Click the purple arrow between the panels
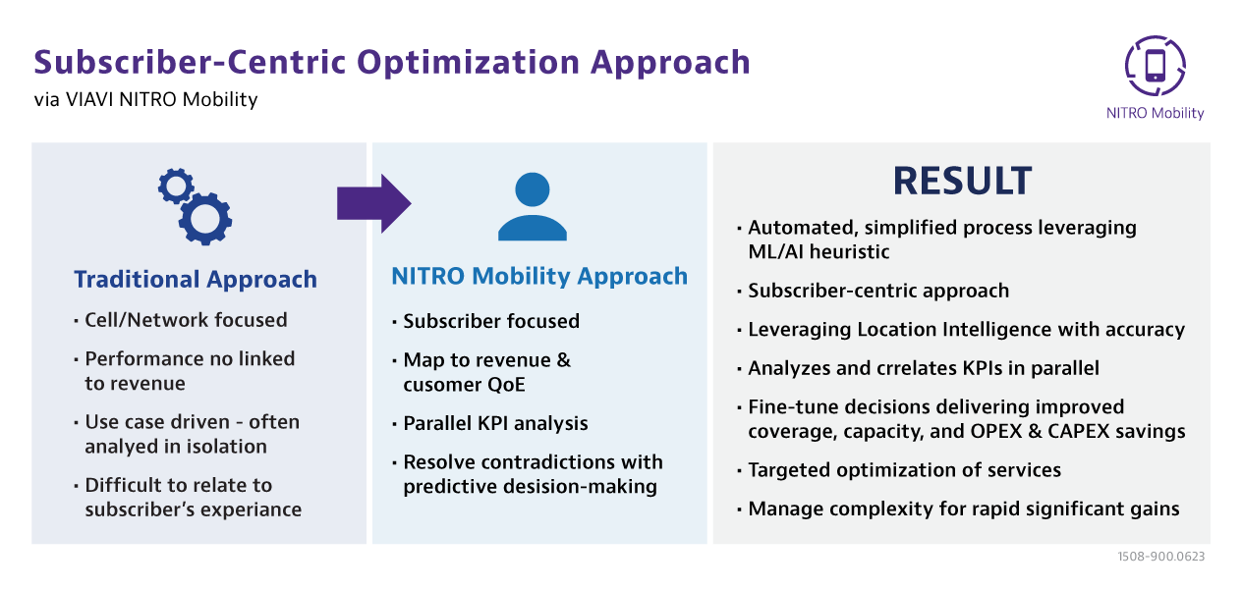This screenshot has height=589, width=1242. pos(373,203)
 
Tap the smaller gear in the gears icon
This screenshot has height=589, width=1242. pos(176,187)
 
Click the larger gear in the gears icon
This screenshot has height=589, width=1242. pos(205,218)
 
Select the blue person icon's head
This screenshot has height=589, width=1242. pos(533,189)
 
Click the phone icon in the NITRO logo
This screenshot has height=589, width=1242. pos(1155,66)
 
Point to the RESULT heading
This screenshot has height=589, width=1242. pos(962,181)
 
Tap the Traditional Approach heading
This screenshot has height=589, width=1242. pos(196,279)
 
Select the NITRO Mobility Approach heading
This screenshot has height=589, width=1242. pos(539,276)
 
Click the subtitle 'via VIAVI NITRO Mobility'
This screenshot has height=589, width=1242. pos(145,100)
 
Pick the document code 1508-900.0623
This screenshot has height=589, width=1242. pos(1161,557)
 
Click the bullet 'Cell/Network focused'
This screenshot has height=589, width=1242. pos(186,320)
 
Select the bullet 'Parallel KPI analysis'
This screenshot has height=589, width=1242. pos(495,423)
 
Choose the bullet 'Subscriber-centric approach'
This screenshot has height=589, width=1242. pos(878,291)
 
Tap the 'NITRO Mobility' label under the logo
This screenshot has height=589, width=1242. pos(1155,113)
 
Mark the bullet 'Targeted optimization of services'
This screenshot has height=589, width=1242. pos(904,470)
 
